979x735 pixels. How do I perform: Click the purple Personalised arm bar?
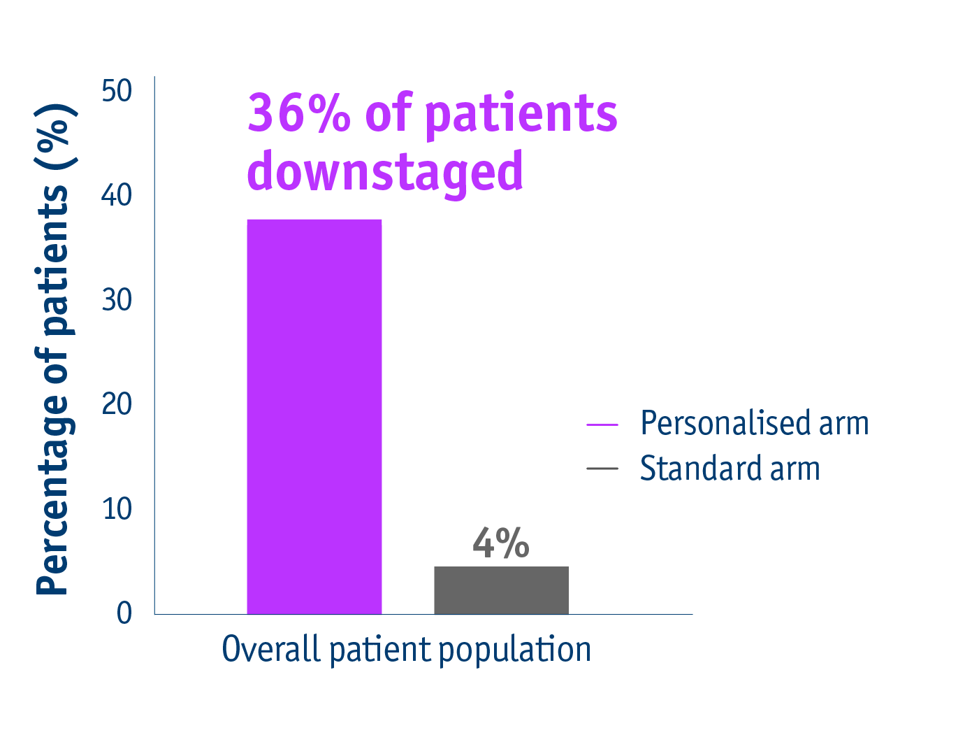[314, 417]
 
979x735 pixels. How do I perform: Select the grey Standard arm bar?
[501, 590]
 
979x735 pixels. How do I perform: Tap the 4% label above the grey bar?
[501, 543]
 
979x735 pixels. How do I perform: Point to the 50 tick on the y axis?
[117, 91]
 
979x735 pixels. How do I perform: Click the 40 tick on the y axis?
[117, 195]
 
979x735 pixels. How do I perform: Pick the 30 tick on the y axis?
[117, 300]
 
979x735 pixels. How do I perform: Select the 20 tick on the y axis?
[117, 404]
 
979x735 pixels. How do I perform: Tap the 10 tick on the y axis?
[117, 508]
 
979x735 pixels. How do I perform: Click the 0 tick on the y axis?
[124, 613]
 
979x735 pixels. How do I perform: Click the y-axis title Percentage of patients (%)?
[53, 350]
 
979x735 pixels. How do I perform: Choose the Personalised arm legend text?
[755, 423]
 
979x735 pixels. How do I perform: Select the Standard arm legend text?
[730, 469]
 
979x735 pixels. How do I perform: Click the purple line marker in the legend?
[602, 424]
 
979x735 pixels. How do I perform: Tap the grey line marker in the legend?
[602, 469]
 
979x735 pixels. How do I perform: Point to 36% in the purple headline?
[298, 113]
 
